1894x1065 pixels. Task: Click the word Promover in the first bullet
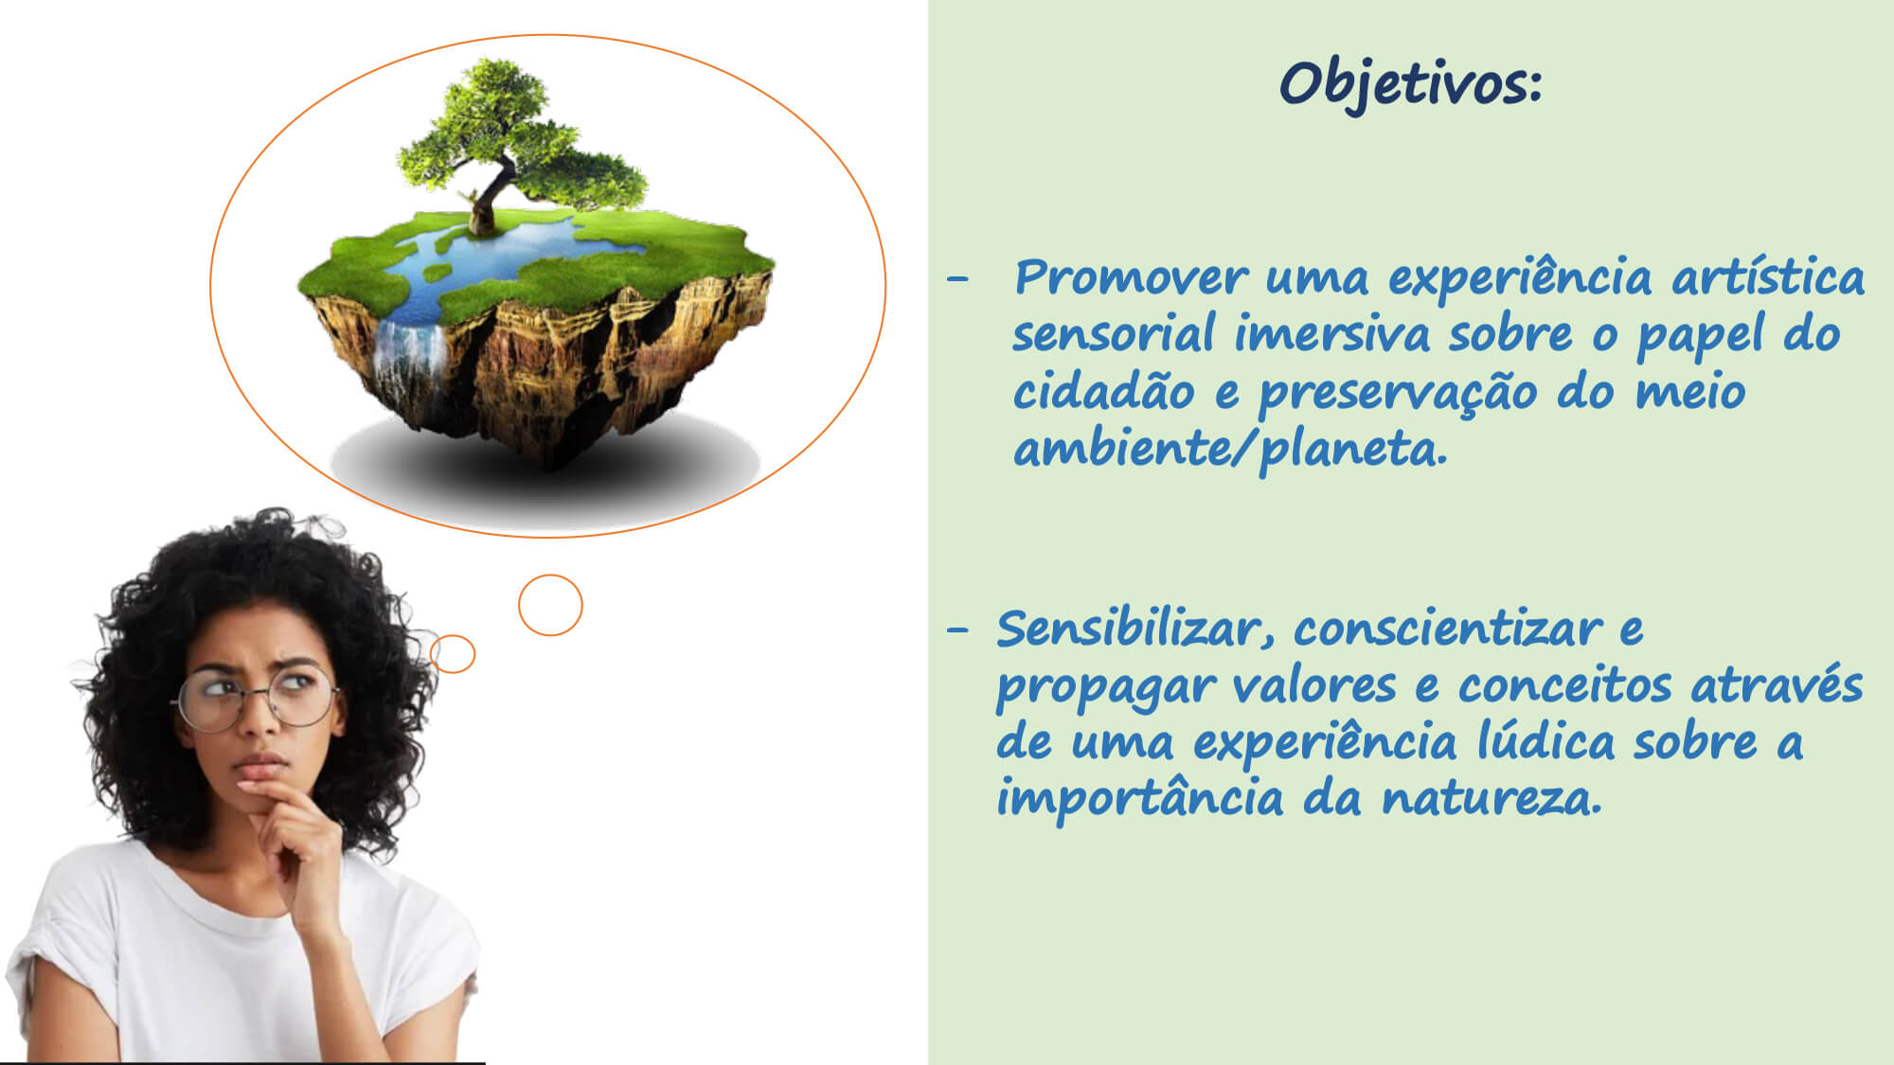tap(1132, 278)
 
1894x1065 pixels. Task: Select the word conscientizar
tap(1448, 629)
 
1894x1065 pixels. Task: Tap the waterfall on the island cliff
tap(411, 364)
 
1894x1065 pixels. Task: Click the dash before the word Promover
tap(958, 279)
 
